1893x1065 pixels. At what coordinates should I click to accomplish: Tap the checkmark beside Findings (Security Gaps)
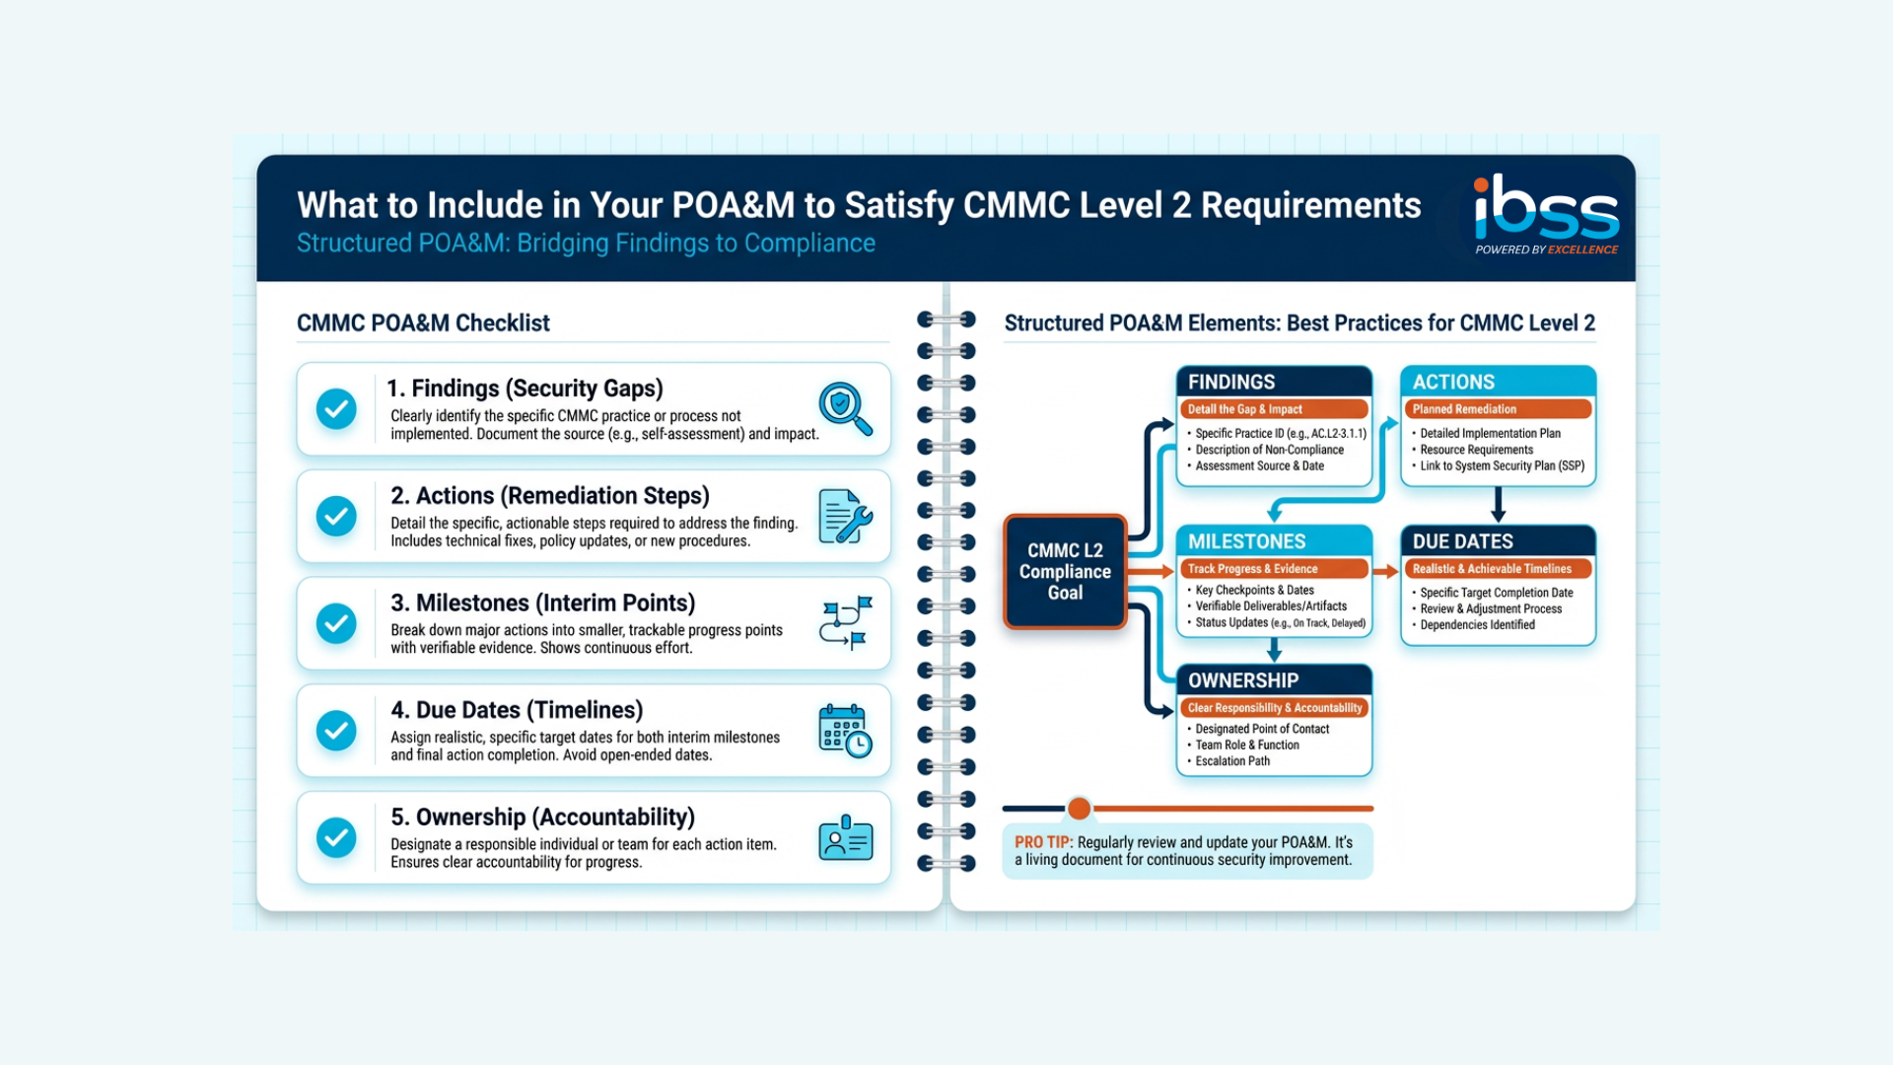click(336, 408)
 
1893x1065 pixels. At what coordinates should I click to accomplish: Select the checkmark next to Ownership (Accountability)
click(336, 837)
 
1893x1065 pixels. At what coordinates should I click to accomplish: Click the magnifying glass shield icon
click(845, 408)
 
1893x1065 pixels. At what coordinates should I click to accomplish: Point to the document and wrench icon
click(845, 516)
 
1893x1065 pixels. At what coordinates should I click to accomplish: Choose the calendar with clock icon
click(845, 731)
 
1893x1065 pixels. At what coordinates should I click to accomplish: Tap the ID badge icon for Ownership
click(845, 838)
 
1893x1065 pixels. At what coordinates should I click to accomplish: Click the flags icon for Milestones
click(845, 623)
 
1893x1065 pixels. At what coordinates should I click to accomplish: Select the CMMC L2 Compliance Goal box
click(1065, 572)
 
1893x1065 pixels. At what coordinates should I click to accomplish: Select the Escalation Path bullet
click(1232, 761)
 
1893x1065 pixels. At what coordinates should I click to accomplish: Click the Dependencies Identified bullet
click(1477, 625)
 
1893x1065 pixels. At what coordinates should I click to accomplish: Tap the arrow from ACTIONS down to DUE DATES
click(1498, 504)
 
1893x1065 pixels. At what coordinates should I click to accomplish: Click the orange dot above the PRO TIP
click(1080, 809)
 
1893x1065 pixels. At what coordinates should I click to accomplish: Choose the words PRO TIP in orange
click(1042, 842)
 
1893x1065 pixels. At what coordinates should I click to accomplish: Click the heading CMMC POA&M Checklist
click(423, 323)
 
